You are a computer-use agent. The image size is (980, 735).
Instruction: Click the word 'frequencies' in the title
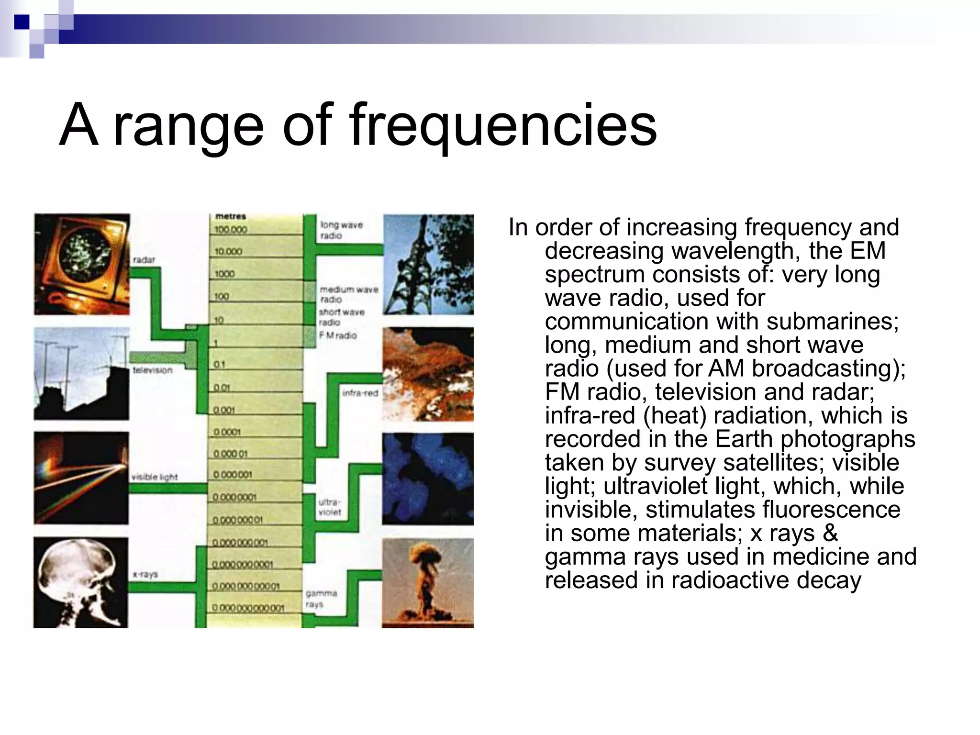click(503, 125)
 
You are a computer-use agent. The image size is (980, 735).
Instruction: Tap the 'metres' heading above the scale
click(230, 217)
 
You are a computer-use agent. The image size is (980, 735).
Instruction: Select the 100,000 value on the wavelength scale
click(231, 230)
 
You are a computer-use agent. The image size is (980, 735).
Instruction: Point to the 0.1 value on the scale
click(219, 365)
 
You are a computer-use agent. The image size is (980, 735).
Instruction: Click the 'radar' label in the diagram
click(144, 260)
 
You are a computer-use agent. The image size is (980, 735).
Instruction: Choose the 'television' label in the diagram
click(152, 370)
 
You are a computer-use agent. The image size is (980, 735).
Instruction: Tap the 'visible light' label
click(154, 477)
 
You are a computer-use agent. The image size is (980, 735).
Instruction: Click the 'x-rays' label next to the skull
click(145, 574)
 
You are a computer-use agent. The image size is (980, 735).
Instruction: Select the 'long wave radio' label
click(341, 230)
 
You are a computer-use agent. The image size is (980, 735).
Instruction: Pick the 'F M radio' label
click(338, 335)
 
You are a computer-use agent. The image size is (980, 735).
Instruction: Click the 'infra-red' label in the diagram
click(360, 393)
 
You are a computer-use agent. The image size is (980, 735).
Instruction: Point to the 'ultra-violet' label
click(330, 507)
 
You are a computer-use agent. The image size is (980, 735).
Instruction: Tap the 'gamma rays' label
click(321, 599)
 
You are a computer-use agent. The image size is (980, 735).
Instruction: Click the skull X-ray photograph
click(81, 582)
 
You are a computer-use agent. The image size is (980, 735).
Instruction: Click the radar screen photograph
click(82, 264)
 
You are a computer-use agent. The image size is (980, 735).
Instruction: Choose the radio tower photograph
click(428, 264)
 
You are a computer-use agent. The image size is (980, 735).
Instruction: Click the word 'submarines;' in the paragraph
click(832, 321)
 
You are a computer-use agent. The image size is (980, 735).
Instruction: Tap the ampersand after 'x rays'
click(830, 533)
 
